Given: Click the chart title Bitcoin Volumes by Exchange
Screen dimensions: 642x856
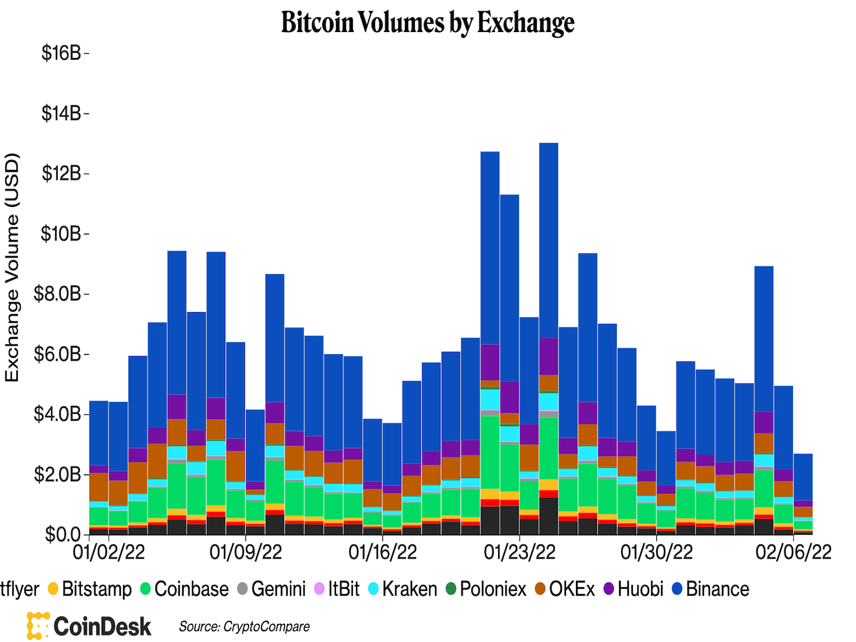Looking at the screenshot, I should [427, 23].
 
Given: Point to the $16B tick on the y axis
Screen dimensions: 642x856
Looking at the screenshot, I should [61, 53].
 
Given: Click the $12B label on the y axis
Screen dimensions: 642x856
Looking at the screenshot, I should [61, 174].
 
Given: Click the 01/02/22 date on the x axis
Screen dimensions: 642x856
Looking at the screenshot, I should [108, 552].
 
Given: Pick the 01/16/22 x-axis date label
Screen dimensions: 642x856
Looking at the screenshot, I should [382, 552].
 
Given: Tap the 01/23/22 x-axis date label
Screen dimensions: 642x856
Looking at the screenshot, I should [520, 552].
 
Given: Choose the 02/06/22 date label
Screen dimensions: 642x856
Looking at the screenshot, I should [793, 552].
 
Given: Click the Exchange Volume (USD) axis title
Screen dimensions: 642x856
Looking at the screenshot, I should [12, 267].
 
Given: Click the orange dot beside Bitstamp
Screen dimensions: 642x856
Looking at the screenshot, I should [53, 589].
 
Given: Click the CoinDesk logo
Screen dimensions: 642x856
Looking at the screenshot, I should [89, 626].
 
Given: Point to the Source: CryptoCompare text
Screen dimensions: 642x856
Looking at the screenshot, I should [244, 627].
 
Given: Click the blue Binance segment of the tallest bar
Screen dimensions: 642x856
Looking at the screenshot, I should [549, 238].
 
